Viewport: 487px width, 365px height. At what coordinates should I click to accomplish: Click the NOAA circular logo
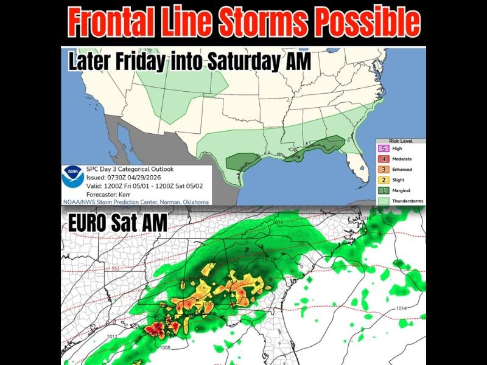click(72, 179)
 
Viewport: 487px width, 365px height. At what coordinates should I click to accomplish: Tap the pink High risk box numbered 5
click(384, 148)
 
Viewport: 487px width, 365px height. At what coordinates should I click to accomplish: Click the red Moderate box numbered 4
click(384, 158)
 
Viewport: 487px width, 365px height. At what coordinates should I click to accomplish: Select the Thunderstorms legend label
click(408, 200)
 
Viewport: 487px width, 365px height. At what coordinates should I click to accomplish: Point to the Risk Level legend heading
click(401, 141)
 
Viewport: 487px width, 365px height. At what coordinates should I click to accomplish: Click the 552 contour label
click(114, 268)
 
